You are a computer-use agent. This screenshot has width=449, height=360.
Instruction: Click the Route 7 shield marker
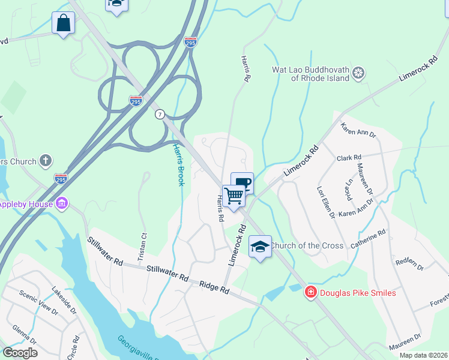click(159, 113)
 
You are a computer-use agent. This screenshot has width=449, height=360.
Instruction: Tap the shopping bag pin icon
click(62, 23)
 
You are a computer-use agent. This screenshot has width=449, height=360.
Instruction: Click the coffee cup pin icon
click(243, 183)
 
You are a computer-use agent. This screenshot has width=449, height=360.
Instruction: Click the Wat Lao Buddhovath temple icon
click(358, 73)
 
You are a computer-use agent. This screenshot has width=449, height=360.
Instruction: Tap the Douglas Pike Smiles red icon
click(310, 293)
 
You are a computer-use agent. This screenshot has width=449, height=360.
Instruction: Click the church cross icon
click(46, 160)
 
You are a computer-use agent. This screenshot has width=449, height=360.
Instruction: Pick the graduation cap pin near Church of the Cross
click(260, 247)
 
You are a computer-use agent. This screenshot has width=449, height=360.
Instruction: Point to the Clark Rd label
click(348, 158)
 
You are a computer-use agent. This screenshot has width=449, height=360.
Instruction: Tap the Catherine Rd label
click(368, 238)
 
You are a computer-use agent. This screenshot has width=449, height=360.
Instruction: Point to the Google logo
click(20, 353)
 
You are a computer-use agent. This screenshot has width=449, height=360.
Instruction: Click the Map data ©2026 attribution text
click(423, 355)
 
